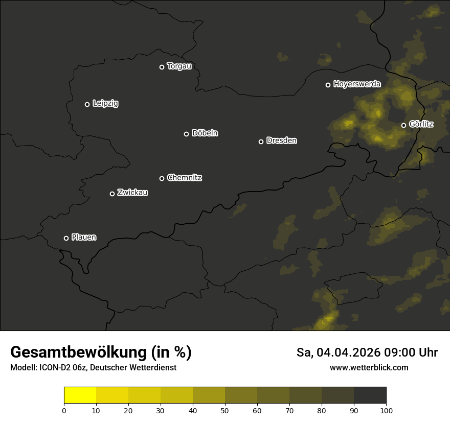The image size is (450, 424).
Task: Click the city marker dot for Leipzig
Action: point(87,104)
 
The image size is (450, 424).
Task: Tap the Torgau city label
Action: point(179,66)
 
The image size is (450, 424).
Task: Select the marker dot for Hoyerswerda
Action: point(328,85)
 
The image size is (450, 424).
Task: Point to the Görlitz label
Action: point(421,124)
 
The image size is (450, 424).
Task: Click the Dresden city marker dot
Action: point(261,142)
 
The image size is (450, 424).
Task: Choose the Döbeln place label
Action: point(205,133)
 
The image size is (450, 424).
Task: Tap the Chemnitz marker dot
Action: point(162,178)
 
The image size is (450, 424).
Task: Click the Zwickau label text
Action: point(132,193)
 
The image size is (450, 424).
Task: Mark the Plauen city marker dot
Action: point(66,238)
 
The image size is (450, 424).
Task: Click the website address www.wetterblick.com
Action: point(369,367)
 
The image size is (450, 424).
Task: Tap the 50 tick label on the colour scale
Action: point(225,410)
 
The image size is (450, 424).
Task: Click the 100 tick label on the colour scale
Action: point(386,410)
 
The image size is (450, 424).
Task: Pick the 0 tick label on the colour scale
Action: point(64,410)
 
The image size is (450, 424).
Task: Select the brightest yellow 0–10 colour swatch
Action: point(80,395)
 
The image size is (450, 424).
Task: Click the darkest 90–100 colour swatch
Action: point(370,395)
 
